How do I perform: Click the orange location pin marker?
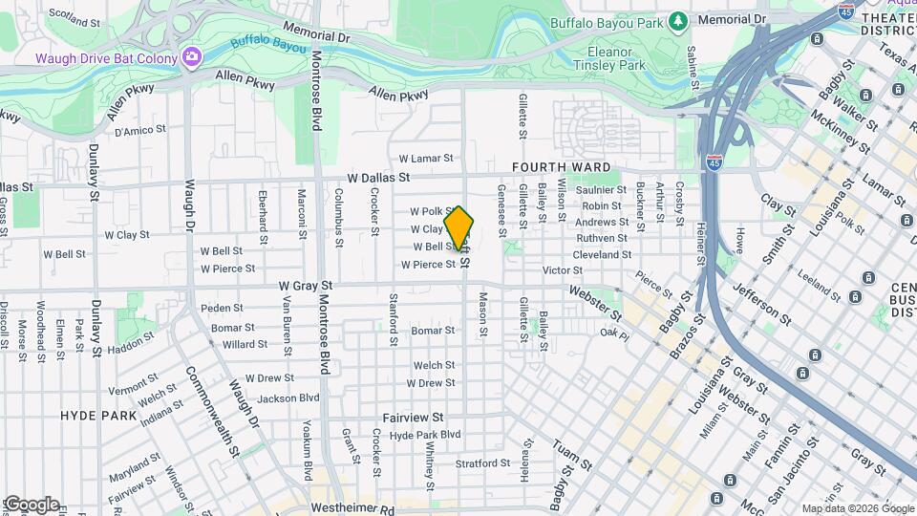(459, 228)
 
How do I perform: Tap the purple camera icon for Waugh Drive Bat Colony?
(191, 57)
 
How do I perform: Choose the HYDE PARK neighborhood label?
(98, 416)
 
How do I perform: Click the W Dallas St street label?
(377, 178)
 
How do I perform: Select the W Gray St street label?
(306, 285)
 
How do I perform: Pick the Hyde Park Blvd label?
(425, 434)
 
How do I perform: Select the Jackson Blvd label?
(288, 398)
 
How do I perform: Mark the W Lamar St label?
(425, 158)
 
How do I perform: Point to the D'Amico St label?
(140, 128)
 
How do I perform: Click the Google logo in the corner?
(31, 504)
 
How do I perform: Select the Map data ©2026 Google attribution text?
(856, 508)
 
